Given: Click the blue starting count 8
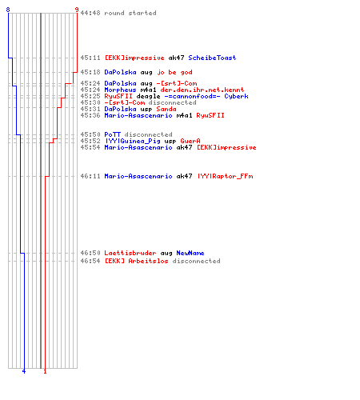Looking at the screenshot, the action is point(8,10).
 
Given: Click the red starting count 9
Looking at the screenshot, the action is point(77,10).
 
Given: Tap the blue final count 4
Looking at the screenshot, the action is point(24,371).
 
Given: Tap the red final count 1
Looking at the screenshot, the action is point(45,371).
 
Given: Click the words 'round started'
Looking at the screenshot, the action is point(130,13).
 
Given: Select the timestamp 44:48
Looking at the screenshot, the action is point(90,13).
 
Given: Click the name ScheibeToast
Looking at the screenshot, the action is point(212,58).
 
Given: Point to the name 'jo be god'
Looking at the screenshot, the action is point(174,72).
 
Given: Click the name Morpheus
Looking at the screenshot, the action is point(120,90).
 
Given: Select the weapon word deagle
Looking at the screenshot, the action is point(148,96).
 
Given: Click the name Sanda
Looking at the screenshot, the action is point(166,109).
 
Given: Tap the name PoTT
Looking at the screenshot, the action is point(112,134).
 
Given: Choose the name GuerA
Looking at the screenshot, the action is point(190,141).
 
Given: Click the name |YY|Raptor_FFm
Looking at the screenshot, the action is point(226,176).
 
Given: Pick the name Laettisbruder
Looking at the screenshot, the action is point(130,253).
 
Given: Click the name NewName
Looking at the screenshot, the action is point(190,253).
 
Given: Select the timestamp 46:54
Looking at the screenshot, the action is point(90,261).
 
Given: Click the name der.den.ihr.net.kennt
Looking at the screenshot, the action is point(202,90).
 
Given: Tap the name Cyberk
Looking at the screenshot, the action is point(236,96).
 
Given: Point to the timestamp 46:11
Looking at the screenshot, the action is point(90,176).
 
